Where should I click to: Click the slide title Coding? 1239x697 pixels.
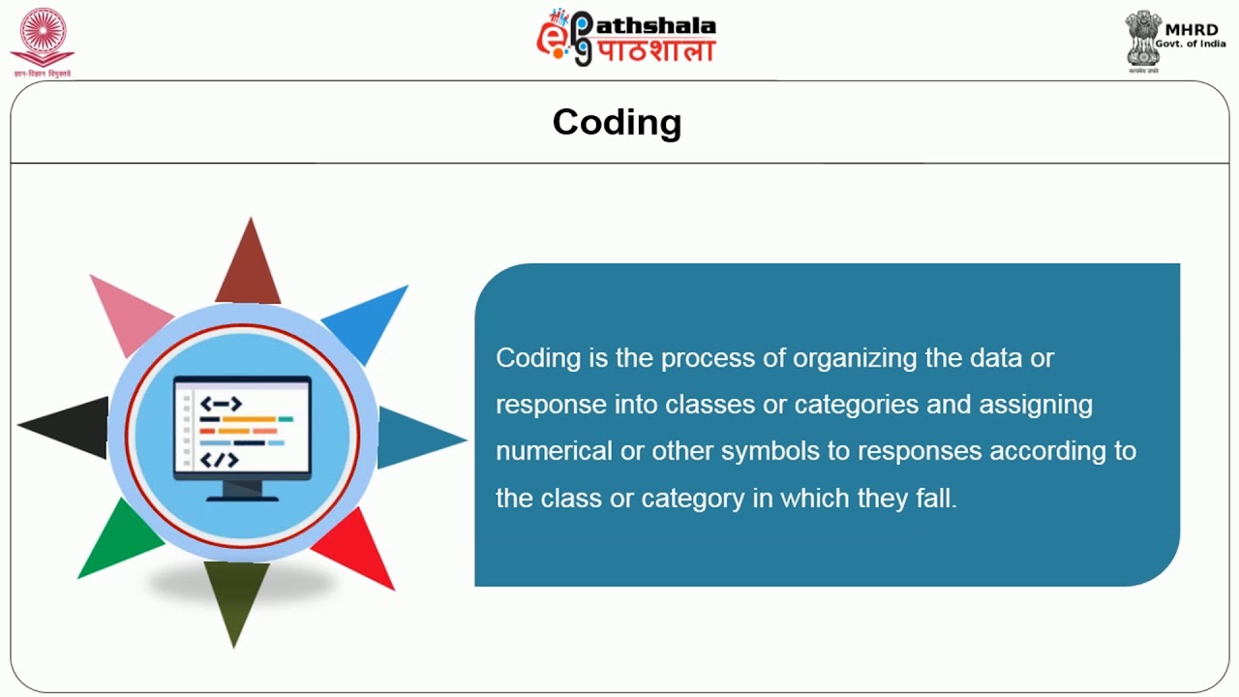pyautogui.click(x=617, y=123)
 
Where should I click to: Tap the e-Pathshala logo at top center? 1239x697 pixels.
pyautogui.click(x=626, y=38)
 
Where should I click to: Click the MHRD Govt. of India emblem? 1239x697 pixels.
pyautogui.click(x=1143, y=39)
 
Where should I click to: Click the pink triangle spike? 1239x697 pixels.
pyautogui.click(x=127, y=311)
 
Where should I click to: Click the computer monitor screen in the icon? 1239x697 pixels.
pyautogui.click(x=242, y=426)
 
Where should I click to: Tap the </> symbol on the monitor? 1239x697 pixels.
pyautogui.click(x=220, y=460)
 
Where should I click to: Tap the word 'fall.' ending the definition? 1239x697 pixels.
pyautogui.click(x=935, y=498)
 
